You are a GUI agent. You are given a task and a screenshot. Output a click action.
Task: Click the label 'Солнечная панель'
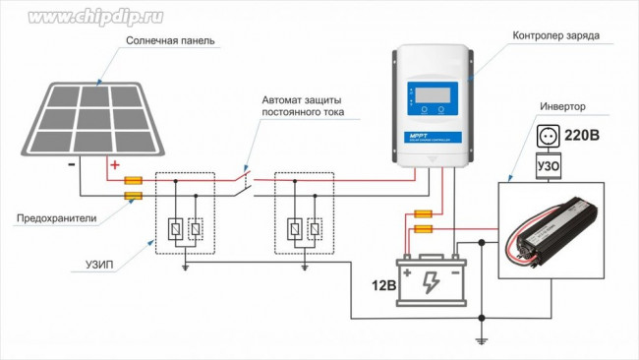(169, 42)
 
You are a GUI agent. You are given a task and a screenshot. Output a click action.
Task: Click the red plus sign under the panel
(114, 164)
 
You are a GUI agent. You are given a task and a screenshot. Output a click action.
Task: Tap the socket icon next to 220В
(548, 135)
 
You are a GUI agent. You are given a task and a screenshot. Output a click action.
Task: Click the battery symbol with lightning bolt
(431, 280)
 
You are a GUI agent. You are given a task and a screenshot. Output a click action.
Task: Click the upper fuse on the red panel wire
(133, 181)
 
